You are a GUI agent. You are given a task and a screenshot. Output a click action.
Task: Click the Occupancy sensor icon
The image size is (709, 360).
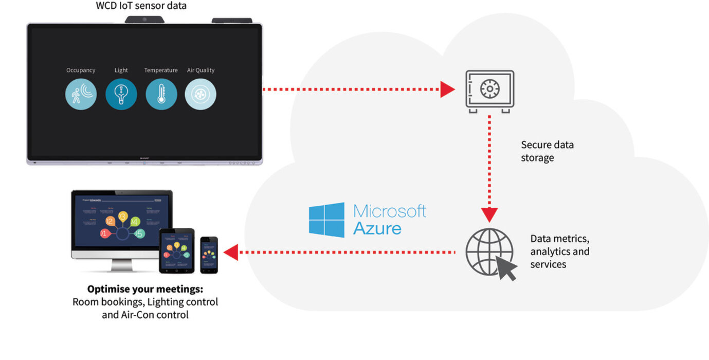tap(81, 94)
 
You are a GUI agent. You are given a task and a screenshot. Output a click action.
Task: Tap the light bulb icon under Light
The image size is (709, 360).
tap(121, 94)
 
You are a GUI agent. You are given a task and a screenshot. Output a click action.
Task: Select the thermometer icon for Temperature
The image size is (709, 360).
tap(161, 94)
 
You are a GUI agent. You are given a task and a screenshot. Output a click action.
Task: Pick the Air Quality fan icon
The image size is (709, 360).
tap(201, 94)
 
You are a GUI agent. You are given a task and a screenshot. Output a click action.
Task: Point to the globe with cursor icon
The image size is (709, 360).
tap(490, 254)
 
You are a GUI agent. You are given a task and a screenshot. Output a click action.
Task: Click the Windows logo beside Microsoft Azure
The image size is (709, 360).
tap(326, 220)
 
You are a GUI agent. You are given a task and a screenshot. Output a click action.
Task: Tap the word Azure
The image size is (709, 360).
tap(377, 228)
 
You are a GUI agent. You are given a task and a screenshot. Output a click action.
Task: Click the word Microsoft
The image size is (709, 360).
tap(390, 211)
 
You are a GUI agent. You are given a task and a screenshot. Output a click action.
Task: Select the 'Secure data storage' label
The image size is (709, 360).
tap(547, 151)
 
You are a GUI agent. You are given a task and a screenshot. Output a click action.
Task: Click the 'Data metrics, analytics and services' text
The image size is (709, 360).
tap(560, 251)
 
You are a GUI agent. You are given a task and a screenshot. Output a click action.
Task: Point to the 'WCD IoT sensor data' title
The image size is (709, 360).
tap(141, 6)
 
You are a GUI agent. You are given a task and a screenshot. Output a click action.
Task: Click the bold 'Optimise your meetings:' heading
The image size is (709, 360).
tap(145, 289)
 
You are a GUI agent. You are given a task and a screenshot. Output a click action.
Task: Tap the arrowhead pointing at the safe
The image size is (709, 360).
tap(448, 90)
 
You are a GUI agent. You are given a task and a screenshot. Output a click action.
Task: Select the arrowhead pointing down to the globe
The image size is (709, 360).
tap(489, 215)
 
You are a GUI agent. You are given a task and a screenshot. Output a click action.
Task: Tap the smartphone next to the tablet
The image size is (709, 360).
tap(209, 255)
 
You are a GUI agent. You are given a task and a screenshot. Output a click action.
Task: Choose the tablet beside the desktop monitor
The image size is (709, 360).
tap(177, 250)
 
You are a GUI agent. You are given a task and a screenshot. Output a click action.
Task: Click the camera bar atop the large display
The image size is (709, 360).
tap(144, 20)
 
